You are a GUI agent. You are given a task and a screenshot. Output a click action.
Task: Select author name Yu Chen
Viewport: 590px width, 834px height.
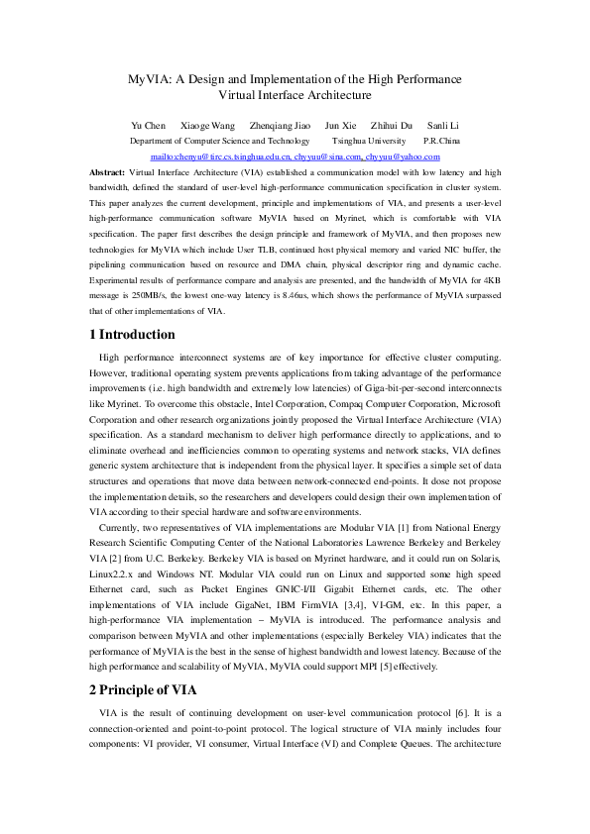[150, 126]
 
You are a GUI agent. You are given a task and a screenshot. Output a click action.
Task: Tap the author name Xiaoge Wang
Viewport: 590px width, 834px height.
[207, 126]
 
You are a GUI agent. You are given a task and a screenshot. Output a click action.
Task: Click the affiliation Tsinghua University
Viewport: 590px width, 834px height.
[367, 142]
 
